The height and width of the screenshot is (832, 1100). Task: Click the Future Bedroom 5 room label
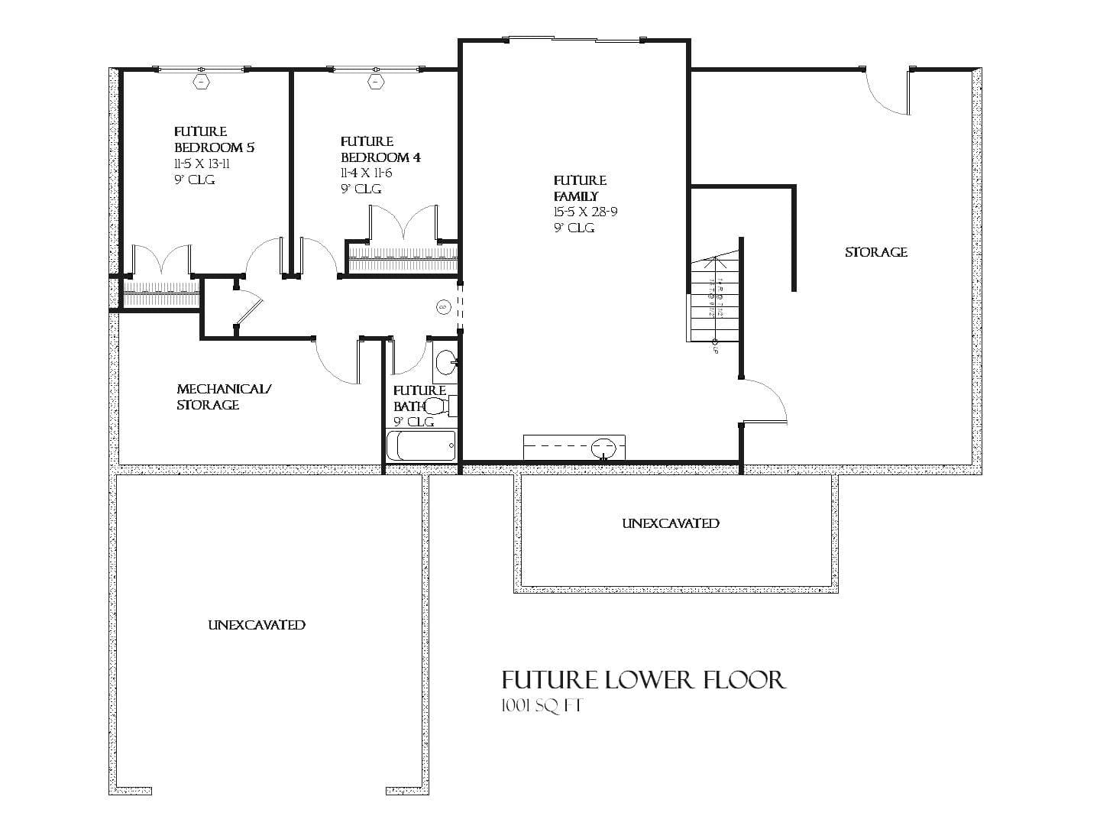coord(214,139)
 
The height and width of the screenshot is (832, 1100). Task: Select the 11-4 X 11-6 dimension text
coord(366,173)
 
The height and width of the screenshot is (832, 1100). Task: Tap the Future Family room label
coord(580,188)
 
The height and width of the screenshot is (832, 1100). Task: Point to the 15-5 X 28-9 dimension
coord(585,212)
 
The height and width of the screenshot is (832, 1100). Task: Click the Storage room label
coord(875,252)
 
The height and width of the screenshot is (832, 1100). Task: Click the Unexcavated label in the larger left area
coord(257,625)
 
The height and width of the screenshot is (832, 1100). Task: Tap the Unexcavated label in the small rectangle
coord(670,523)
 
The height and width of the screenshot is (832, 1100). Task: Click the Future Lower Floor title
coord(643,679)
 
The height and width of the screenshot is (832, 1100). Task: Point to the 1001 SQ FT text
coord(542,706)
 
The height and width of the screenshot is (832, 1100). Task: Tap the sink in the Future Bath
coord(445,363)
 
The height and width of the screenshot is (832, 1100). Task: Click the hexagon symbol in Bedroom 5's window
coord(201,80)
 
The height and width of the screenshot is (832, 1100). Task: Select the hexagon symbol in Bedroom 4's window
coord(375,80)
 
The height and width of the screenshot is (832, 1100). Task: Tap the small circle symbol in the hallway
coord(443,307)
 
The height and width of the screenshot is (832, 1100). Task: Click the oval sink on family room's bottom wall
coord(603,445)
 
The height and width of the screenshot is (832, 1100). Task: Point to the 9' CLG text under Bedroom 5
coord(195,180)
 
